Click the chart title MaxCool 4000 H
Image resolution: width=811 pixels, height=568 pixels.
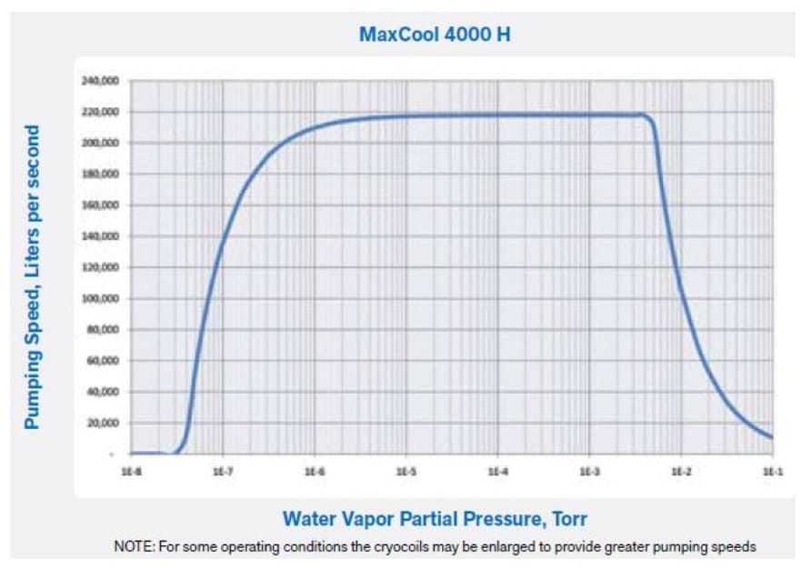(x=436, y=36)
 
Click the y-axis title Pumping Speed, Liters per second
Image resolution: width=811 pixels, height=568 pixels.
(x=32, y=277)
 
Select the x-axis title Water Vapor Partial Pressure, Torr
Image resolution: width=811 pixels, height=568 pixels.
(x=435, y=519)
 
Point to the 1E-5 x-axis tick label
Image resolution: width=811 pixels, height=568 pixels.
(x=405, y=473)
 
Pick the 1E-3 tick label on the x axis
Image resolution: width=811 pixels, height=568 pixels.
(x=589, y=473)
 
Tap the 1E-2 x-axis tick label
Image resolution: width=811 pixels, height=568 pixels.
(x=681, y=473)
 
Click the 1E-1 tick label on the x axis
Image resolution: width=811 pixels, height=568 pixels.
(x=772, y=473)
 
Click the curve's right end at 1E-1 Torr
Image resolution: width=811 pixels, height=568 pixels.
(x=772, y=438)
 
